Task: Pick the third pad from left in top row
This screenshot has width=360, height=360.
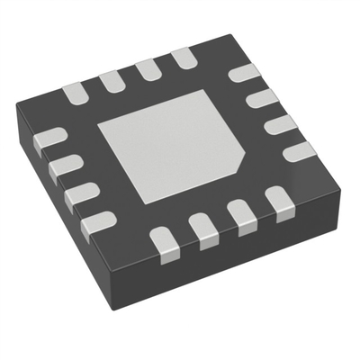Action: (148, 68)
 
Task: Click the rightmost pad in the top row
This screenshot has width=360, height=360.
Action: (184, 59)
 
